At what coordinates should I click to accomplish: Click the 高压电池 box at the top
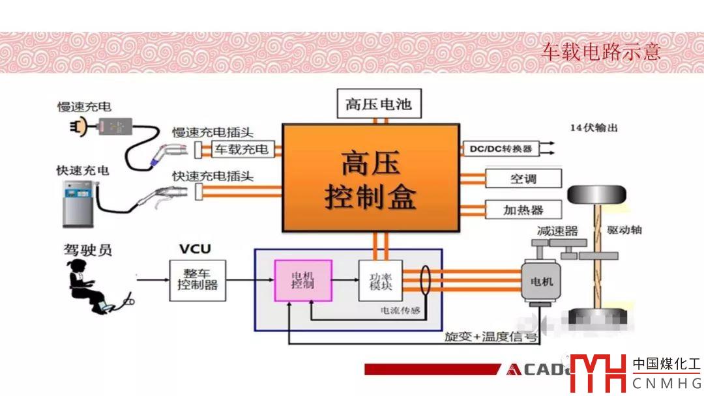[378, 104]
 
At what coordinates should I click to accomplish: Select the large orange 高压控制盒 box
[371, 177]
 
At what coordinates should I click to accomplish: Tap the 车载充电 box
[242, 149]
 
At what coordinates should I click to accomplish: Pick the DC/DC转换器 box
[501, 148]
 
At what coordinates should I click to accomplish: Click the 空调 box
[523, 178]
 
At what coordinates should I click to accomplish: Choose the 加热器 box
[523, 210]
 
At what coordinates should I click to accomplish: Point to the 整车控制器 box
[198, 279]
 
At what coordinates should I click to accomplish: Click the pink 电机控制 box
[302, 280]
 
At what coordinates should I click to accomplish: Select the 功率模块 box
[380, 280]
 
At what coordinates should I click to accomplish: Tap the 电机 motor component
[538, 281]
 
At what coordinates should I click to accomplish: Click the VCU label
[195, 249]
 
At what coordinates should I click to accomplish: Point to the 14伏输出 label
[593, 128]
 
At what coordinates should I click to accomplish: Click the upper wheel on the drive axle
[596, 194]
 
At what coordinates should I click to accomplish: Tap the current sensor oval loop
[427, 280]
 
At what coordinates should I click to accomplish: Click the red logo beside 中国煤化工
[596, 373]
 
